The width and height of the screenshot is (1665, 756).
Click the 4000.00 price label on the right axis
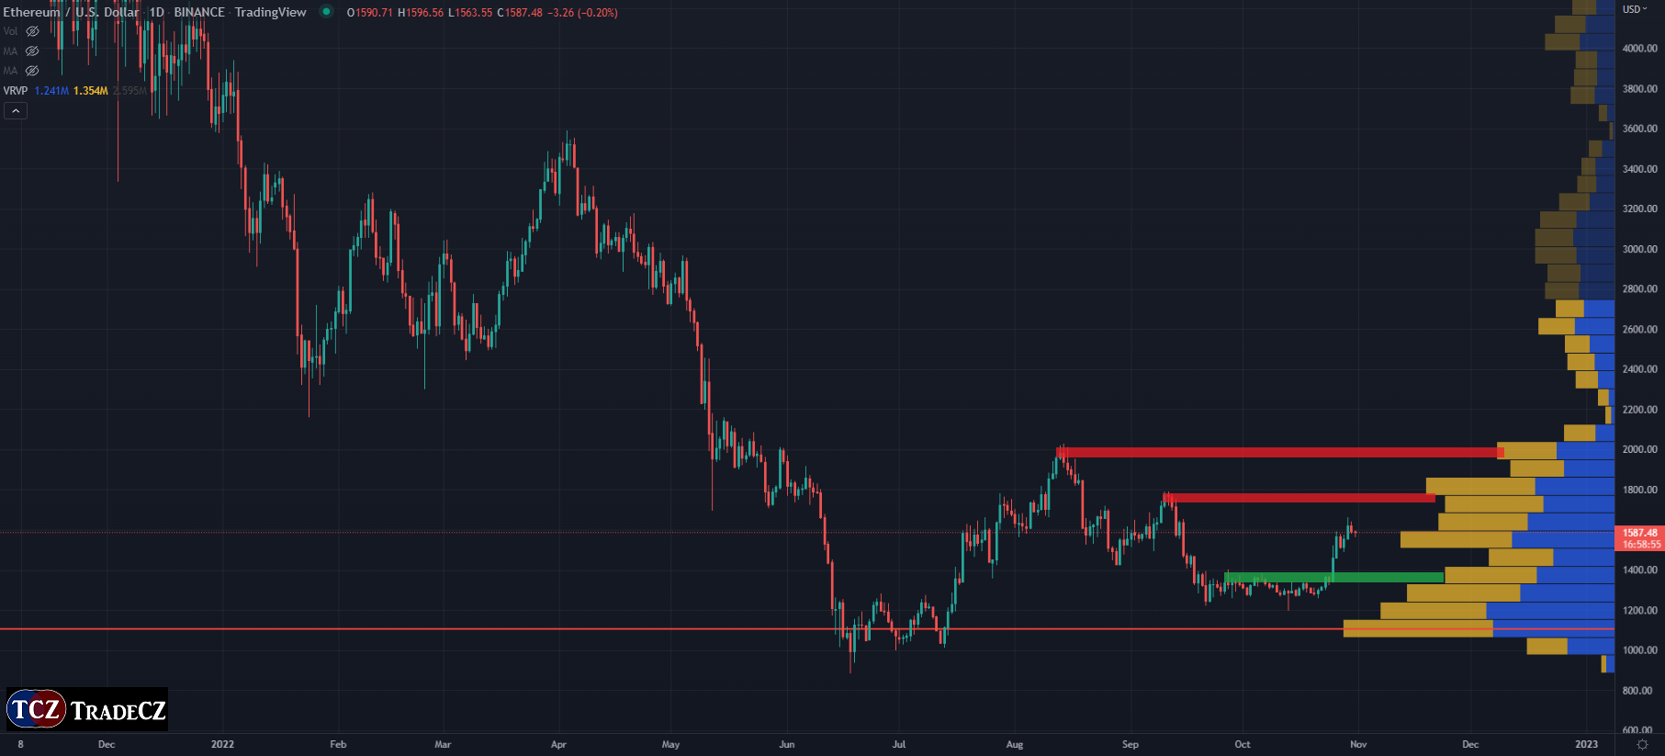[x=1639, y=49]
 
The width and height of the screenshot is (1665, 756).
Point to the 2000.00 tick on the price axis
[x=1639, y=449]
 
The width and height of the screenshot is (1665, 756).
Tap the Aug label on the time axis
[x=1014, y=744]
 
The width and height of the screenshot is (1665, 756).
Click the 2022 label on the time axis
[x=222, y=744]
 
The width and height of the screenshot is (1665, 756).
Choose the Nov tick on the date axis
[x=1358, y=744]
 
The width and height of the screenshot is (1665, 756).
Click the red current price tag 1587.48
[x=1639, y=533]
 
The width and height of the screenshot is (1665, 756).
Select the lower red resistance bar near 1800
[x=1299, y=498]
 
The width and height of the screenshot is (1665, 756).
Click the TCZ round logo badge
[x=36, y=709]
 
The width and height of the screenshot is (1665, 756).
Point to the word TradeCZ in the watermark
[x=118, y=711]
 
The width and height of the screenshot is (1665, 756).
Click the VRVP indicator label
[x=16, y=91]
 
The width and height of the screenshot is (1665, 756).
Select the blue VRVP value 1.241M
[x=51, y=91]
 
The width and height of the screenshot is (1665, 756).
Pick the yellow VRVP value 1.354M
[x=91, y=91]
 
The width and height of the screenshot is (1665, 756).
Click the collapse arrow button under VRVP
[x=16, y=111]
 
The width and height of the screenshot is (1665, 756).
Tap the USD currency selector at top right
[x=1635, y=9]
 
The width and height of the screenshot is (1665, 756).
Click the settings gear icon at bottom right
[x=1642, y=744]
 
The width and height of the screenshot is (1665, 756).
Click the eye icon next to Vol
[x=32, y=31]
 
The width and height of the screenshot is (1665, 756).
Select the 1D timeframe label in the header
[x=157, y=12]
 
